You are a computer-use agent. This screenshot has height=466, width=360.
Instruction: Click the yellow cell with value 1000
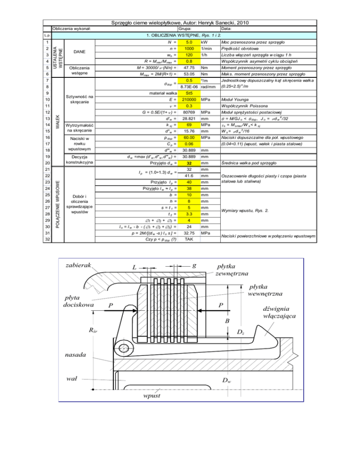(x=189, y=49)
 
